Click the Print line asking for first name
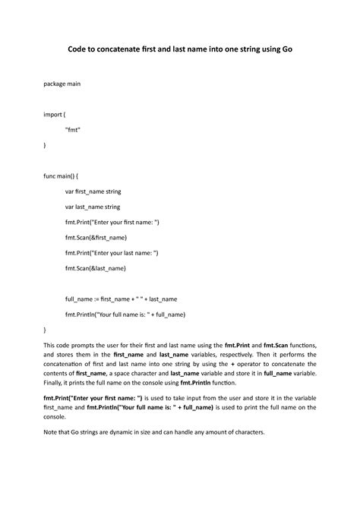(112, 222)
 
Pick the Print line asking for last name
(112, 253)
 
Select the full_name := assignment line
(122, 299)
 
